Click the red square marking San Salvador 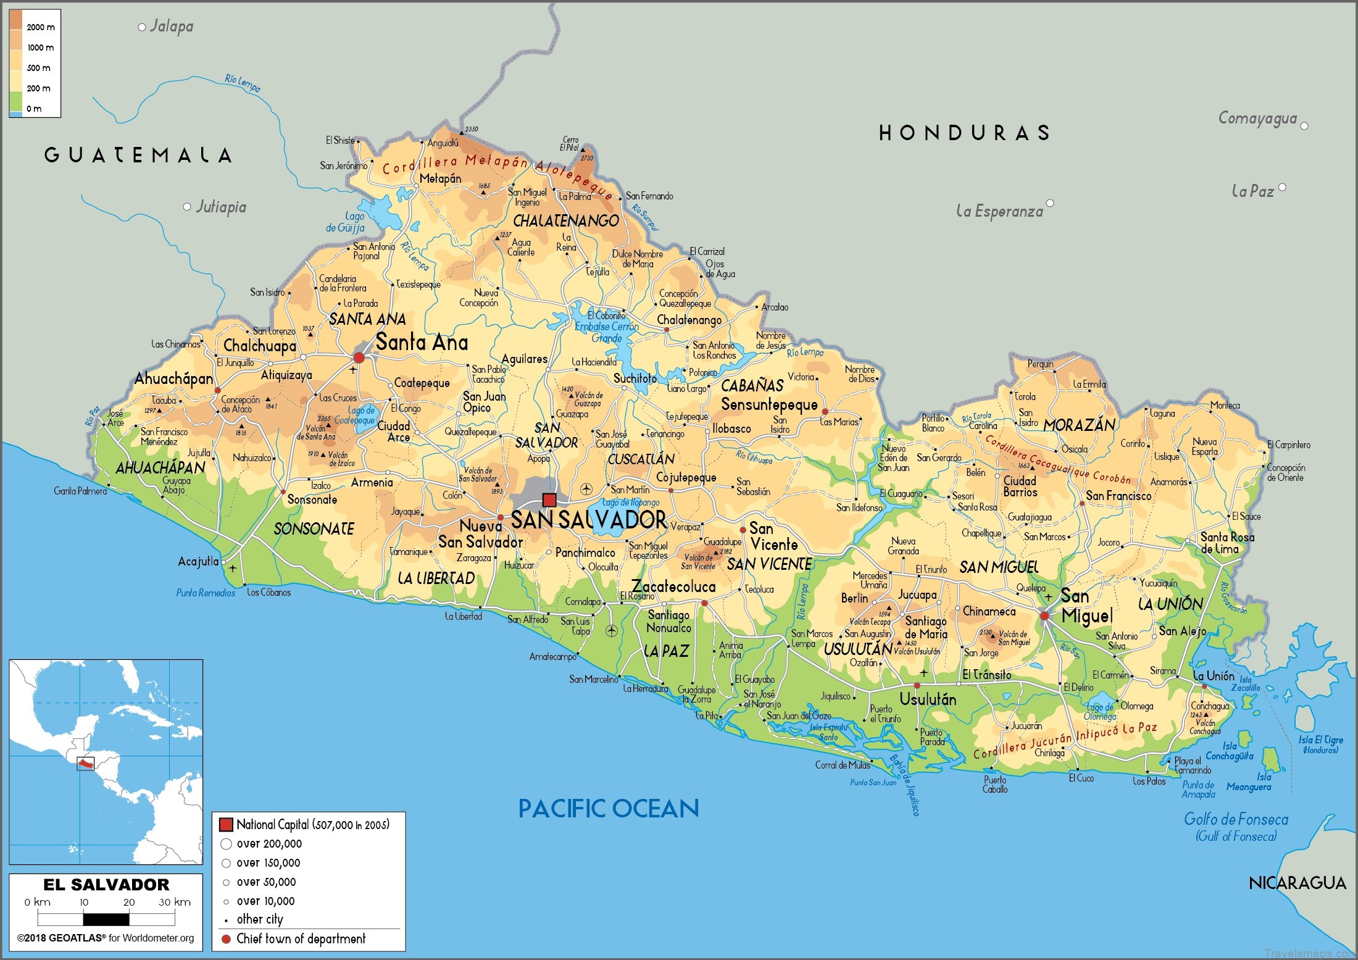coord(549,499)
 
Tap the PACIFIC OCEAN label coord(608,808)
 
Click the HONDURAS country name coord(964,133)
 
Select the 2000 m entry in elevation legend coord(40,27)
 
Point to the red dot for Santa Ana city coord(359,357)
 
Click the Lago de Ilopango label coord(630,503)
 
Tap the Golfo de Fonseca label coord(1236,820)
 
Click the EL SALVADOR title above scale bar coord(106,884)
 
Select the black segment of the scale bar coord(107,920)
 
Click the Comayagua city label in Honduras coord(1257,119)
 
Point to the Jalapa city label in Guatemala coord(172,26)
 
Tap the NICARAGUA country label coord(1297,883)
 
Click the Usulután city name coord(928,699)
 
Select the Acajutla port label coord(198,561)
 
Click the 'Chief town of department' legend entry coord(301,939)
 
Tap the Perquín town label coord(1040,364)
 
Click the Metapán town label coord(440,179)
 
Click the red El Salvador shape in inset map coord(85,764)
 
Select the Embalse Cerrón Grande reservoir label coord(607,332)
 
